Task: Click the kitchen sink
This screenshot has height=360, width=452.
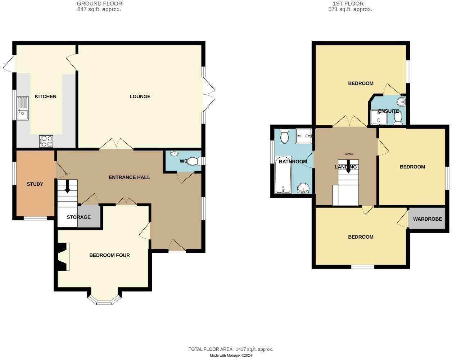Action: coord(22,108)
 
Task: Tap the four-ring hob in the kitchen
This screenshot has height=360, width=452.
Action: coord(46,141)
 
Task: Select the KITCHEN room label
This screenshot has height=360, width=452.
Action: coord(45,96)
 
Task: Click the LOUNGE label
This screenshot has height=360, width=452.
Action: coord(140,96)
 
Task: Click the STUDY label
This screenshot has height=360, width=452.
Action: coord(35,184)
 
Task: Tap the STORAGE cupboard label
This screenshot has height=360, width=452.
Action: coord(78,217)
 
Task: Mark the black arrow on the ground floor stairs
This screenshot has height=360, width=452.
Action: coord(67,187)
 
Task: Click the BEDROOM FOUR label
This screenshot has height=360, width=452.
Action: coord(109,255)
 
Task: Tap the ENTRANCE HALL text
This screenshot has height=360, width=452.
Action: coord(129,177)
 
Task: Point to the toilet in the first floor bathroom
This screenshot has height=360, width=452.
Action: coord(284,136)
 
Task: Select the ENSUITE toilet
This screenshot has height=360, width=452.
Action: coord(398,120)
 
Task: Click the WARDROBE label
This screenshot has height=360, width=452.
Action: coord(427,219)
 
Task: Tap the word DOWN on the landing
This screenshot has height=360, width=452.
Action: coord(348,154)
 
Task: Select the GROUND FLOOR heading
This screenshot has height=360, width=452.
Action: coord(99,4)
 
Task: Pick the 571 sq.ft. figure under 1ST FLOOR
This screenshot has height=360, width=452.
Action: coord(333,10)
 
